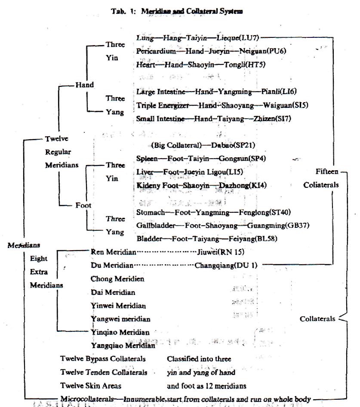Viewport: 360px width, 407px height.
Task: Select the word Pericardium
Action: [x=156, y=51]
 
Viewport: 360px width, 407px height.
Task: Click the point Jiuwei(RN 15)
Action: [x=222, y=251]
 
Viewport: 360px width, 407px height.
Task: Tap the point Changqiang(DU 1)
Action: [x=226, y=265]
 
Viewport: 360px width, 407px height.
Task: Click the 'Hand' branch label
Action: [x=85, y=85]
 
